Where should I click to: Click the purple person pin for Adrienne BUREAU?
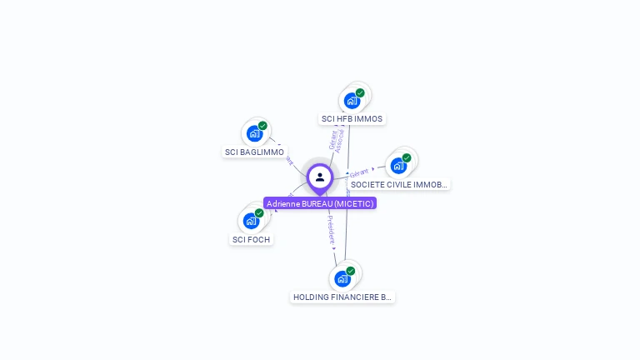320,177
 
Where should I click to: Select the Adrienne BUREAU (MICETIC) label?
320,203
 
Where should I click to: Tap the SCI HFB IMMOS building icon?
352,101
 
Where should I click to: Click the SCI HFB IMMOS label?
352,119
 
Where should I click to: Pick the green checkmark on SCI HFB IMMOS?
360,92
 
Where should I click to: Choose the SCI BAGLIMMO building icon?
255,133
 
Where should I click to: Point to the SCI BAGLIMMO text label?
254,152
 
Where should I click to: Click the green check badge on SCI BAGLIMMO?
262,126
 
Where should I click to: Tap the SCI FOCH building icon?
252,221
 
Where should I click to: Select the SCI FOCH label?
251,240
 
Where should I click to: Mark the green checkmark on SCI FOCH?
259,213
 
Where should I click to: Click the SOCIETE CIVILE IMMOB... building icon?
399,165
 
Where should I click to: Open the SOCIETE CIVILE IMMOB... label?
399,184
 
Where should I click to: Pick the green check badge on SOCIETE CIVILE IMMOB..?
407,157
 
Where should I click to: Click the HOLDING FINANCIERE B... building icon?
342,278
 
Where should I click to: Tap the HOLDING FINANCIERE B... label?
342,297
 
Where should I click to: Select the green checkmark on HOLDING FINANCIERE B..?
351,271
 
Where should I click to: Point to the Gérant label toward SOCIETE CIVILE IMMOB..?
359,172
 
